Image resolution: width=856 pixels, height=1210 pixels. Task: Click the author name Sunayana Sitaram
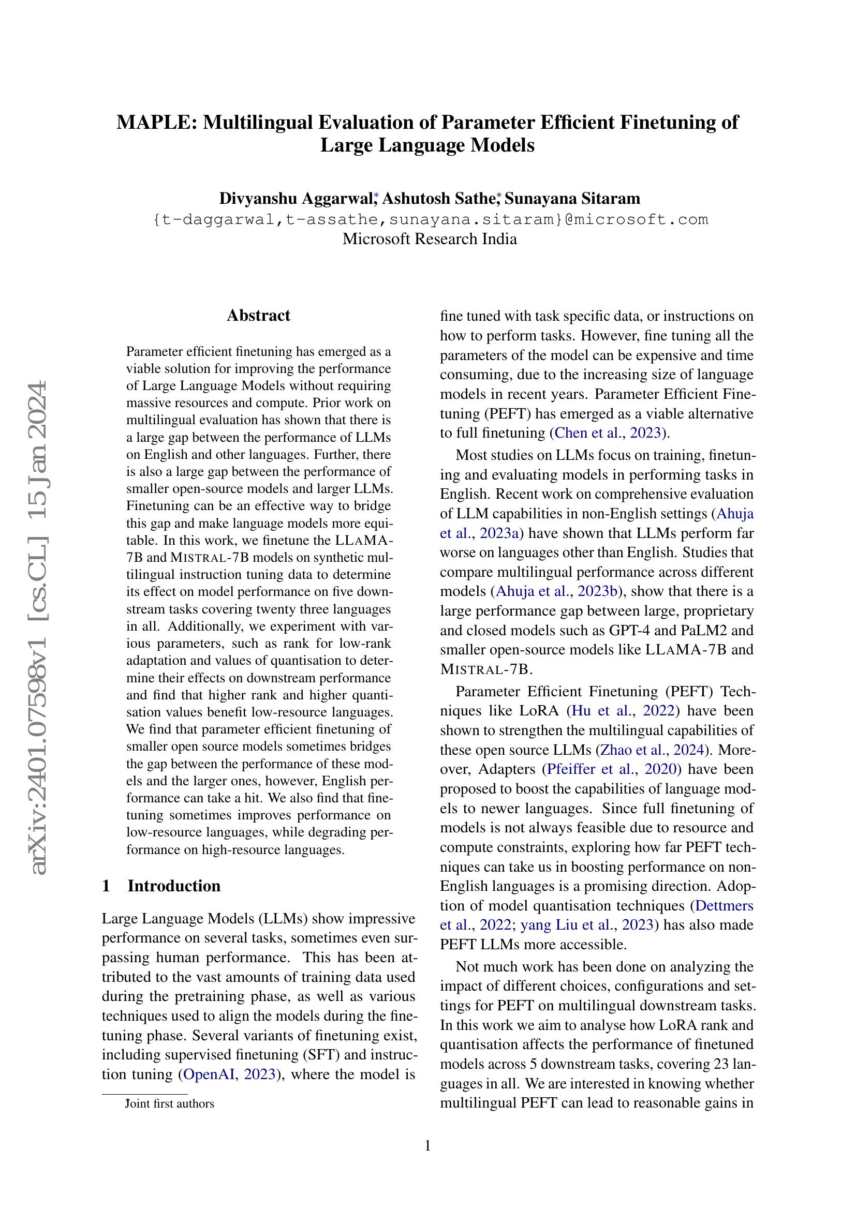(x=573, y=199)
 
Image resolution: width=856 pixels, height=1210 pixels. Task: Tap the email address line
(x=430, y=219)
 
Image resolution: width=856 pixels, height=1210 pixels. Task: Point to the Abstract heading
(x=258, y=315)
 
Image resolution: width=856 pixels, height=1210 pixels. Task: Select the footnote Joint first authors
(x=170, y=1103)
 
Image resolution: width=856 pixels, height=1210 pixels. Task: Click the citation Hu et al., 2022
(x=623, y=711)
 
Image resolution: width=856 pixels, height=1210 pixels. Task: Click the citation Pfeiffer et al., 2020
(x=611, y=769)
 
